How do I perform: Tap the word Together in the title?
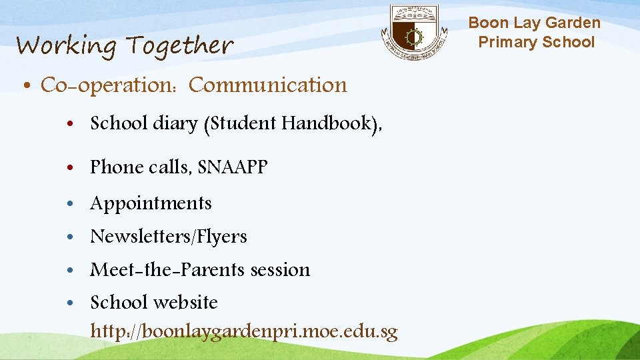[179, 46]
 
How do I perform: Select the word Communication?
[268, 85]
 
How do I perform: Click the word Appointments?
[151, 203]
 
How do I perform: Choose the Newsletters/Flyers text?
[169, 237]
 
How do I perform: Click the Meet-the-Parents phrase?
[167, 270]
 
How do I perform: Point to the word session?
[280, 270]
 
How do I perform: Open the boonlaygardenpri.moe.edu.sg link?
[244, 331]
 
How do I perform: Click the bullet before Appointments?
[70, 203]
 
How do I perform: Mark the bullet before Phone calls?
[70, 167]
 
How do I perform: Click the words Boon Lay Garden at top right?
[534, 23]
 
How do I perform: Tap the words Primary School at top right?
[535, 42]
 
